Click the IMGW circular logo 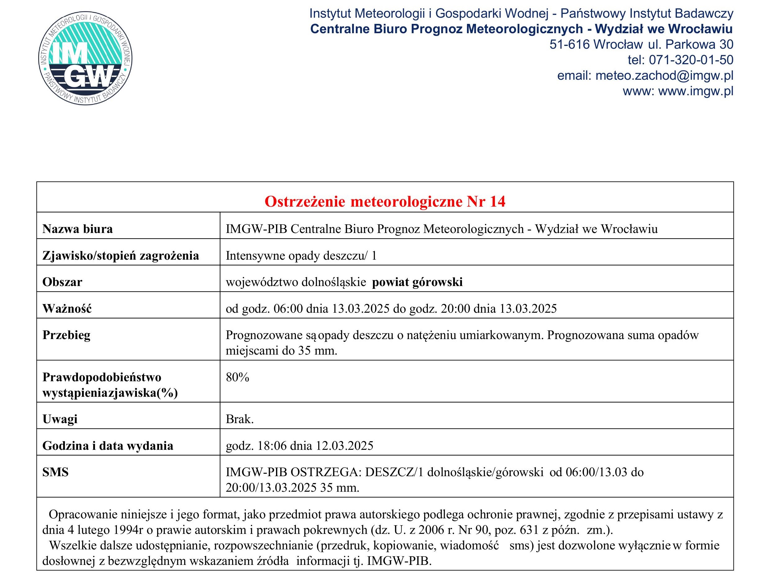click(x=85, y=58)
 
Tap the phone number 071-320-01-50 click(x=691, y=60)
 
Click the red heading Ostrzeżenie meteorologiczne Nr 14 click(x=385, y=201)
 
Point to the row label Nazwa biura click(x=77, y=229)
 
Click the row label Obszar click(x=62, y=282)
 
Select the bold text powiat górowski click(x=417, y=282)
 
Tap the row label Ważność click(x=67, y=308)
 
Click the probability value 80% click(x=238, y=377)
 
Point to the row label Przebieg click(x=66, y=335)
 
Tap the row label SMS click(x=55, y=472)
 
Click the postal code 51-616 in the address click(x=569, y=44)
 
